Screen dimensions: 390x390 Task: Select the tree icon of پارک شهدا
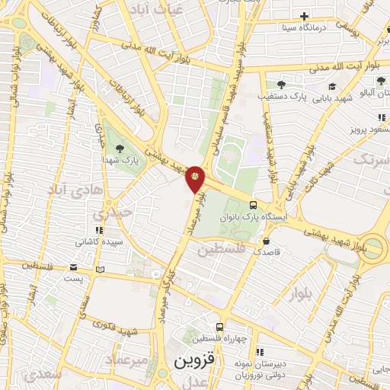tap(119, 148)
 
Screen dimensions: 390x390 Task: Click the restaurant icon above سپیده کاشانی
tap(97, 230)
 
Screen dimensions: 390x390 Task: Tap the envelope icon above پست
tap(73, 267)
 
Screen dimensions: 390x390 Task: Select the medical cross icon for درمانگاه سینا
tap(305, 16)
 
